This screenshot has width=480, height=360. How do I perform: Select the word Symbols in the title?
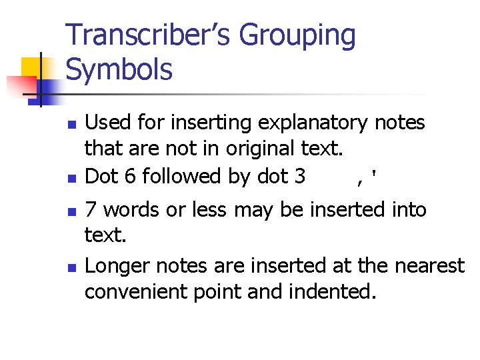119,69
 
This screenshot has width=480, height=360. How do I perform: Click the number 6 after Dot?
129,176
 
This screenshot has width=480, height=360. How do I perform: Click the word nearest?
427,266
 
